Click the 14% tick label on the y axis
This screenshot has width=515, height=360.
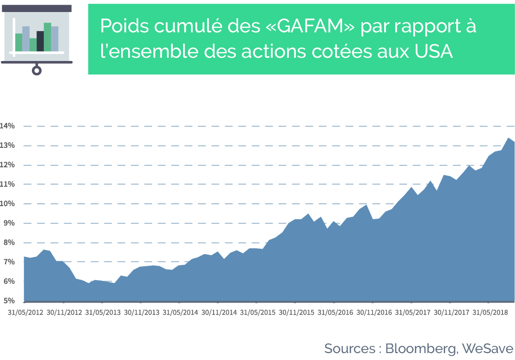coord(7,126)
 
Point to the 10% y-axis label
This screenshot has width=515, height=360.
coord(7,204)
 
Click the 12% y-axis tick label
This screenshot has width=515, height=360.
coord(7,165)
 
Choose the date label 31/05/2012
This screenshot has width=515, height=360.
coord(25,312)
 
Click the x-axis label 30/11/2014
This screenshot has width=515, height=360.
coord(219,312)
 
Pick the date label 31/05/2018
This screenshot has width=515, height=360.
coord(490,312)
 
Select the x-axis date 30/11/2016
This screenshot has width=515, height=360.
coord(374,312)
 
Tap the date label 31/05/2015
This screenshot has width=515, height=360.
coord(258,312)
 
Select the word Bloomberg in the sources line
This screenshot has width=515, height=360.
coord(422,349)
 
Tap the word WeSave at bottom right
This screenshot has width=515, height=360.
coord(487,348)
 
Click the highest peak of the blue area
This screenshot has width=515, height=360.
coord(508,138)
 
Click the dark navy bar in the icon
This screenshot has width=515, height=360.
coord(40,41)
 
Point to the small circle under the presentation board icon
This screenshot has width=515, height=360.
coord(37,70)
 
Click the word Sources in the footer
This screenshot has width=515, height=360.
coord(349,348)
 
